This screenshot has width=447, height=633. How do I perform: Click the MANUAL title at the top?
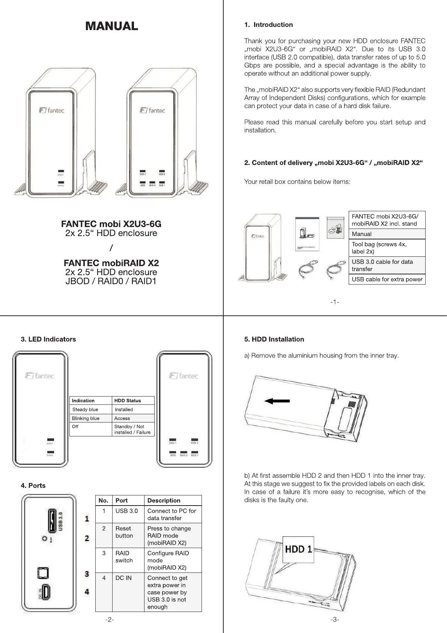(111, 26)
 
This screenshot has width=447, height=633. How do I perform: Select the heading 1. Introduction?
(268, 25)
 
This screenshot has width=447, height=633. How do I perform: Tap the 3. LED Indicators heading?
(48, 339)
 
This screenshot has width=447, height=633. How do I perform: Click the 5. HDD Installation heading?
(274, 339)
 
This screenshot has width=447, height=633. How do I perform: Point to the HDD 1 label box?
(298, 549)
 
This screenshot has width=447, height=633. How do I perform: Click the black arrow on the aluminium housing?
(277, 401)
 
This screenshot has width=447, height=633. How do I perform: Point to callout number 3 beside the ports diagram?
(87, 574)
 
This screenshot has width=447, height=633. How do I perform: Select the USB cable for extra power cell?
(387, 279)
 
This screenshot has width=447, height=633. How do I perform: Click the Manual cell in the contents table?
(387, 234)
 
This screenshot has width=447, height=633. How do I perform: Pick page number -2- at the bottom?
(110, 620)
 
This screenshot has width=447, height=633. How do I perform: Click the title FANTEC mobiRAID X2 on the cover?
(111, 263)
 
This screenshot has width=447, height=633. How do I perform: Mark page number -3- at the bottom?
(335, 620)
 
